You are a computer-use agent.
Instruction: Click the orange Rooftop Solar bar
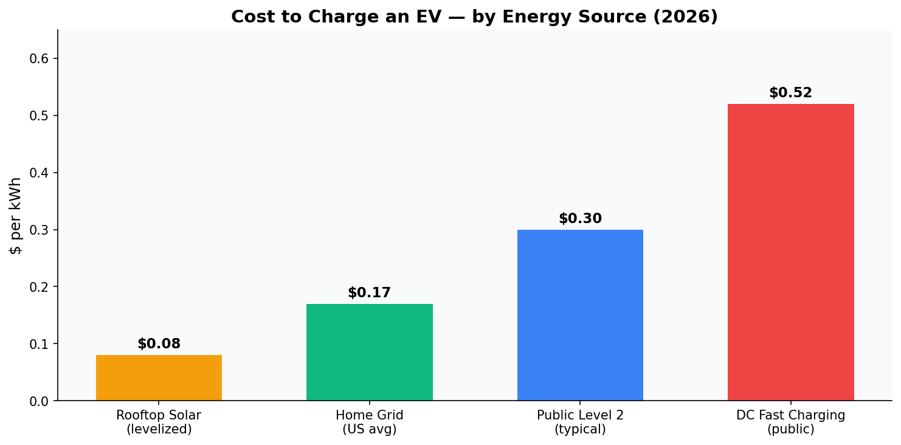click(159, 378)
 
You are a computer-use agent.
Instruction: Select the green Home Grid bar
click(369, 352)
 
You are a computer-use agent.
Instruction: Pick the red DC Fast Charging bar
click(790, 252)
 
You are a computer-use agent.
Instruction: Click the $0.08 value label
click(159, 344)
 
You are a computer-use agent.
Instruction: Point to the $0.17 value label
click(369, 293)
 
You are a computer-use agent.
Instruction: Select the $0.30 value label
click(580, 219)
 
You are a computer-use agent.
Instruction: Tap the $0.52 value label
click(790, 93)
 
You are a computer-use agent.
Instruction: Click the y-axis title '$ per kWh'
click(16, 215)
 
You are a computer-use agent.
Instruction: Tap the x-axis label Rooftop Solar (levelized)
click(159, 423)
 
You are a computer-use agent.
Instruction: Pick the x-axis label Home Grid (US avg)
click(369, 423)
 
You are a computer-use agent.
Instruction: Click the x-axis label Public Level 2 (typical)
click(580, 423)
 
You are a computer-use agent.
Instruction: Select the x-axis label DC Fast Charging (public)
click(790, 423)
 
